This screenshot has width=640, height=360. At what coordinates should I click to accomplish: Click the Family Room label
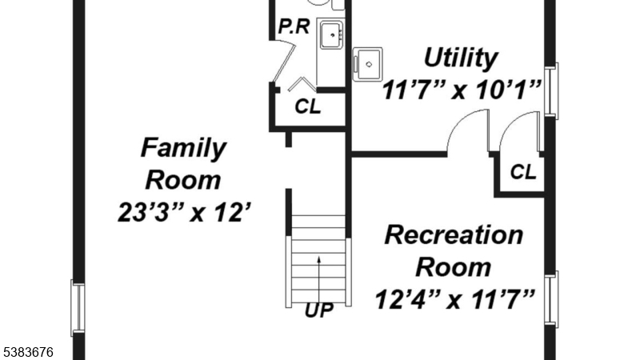[183, 164]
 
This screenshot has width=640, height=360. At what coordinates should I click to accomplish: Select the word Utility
[460, 58]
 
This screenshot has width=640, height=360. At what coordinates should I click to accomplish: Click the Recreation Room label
[454, 250]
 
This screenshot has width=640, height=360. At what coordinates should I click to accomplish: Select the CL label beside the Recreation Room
[523, 171]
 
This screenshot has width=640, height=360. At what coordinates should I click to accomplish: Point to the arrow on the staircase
[319, 275]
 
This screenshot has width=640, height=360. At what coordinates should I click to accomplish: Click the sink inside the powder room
[332, 36]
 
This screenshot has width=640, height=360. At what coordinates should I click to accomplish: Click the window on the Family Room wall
[77, 307]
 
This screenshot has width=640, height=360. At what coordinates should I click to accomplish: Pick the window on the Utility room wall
[552, 89]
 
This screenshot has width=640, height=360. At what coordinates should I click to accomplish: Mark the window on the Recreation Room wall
[552, 299]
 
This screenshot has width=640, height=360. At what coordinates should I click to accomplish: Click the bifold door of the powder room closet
[300, 83]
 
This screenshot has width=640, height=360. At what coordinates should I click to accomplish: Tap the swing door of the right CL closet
[518, 132]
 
